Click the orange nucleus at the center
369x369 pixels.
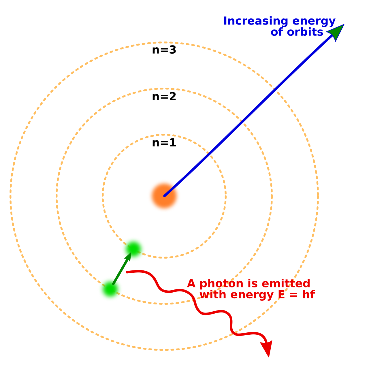tap(164, 196)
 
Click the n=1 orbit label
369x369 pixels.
tap(164, 143)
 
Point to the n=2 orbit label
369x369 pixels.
tap(164, 97)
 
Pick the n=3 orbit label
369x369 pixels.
tap(164, 50)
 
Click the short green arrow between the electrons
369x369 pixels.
tap(122, 268)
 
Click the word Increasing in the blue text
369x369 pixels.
tap(256, 21)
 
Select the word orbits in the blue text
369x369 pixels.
tap(305, 32)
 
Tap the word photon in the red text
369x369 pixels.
tap(221, 284)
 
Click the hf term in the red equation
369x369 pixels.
tap(309, 295)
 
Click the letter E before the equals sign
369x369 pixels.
tap(281, 295)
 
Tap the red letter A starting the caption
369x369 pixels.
tap(191, 283)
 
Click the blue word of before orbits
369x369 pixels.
tap(277, 32)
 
